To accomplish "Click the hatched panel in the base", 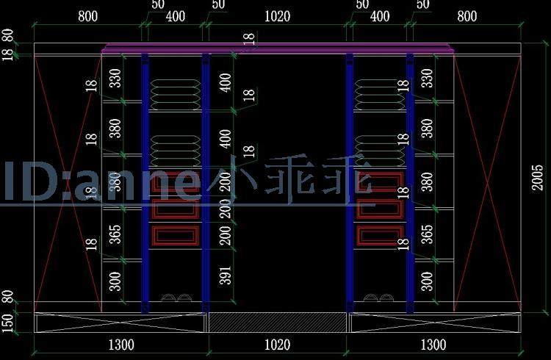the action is (277, 322).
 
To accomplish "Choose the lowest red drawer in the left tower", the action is (176, 235).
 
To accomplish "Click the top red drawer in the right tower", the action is (379, 183).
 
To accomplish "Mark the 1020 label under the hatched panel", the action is (277, 345).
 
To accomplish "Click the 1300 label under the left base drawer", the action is (120, 345).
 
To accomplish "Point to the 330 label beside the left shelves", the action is (115, 78).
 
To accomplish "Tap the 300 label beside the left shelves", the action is (115, 281).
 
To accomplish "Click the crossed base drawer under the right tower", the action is (435, 322).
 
